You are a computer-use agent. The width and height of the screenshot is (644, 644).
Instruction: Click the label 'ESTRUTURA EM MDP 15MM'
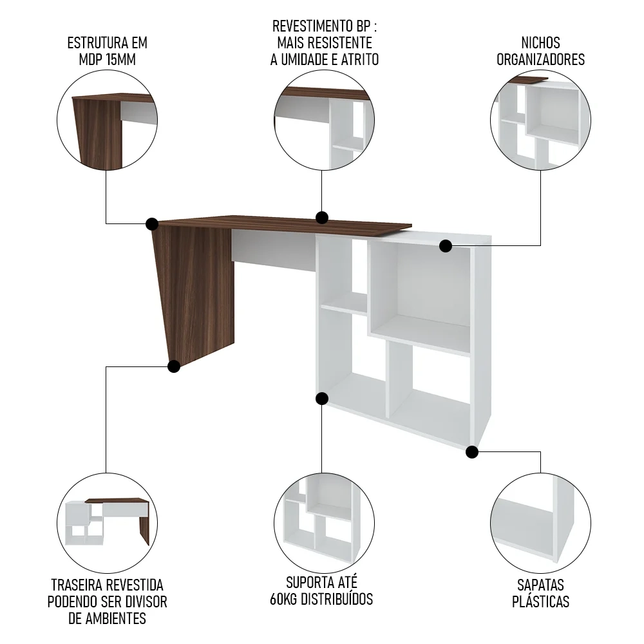point(108,51)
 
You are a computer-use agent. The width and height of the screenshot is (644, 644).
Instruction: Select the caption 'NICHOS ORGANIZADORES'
point(540,51)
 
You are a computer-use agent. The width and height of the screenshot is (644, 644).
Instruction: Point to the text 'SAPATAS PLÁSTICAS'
point(540,592)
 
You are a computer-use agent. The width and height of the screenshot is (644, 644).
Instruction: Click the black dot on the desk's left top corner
point(152,223)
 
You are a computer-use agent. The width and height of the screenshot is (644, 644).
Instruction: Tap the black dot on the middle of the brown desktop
point(322,217)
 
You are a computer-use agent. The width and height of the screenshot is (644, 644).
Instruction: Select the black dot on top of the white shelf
point(446,245)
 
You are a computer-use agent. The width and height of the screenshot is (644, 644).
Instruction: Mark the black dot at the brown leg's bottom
point(173,366)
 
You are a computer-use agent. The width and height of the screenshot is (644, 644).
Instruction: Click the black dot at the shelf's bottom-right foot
point(472,452)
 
